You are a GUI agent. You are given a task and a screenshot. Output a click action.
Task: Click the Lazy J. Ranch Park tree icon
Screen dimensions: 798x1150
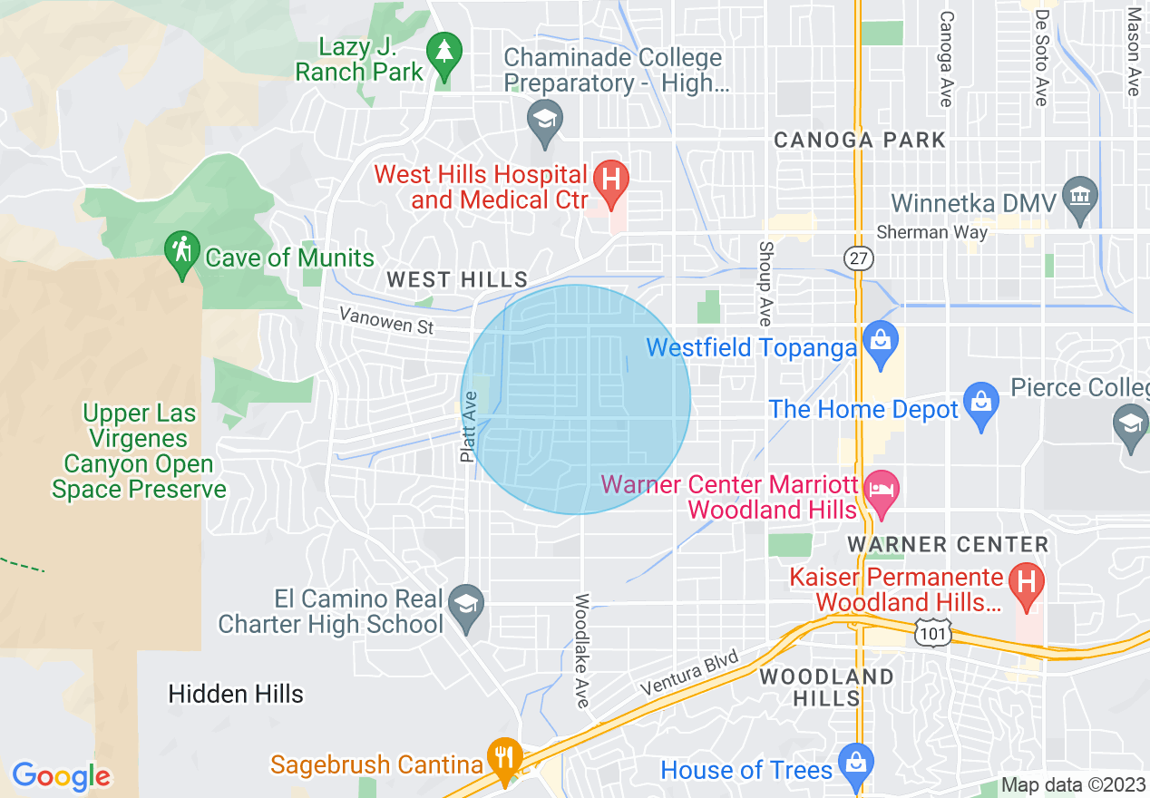(x=444, y=53)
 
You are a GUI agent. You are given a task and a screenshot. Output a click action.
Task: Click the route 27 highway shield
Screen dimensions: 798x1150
(x=858, y=258)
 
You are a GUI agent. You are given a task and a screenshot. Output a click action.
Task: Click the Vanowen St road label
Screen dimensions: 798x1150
(x=387, y=320)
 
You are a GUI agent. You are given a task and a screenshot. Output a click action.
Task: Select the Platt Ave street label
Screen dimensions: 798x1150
(x=469, y=426)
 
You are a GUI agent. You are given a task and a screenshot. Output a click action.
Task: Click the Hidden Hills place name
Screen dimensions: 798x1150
(x=236, y=694)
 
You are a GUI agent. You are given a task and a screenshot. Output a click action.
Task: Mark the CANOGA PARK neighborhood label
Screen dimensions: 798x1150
(x=859, y=140)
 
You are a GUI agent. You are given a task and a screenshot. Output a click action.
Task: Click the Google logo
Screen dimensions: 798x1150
(x=61, y=776)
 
